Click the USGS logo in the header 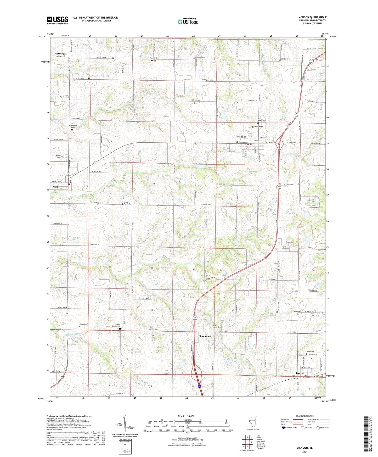pos(58,20)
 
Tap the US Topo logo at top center pos(188,21)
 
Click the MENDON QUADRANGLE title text pos(312,17)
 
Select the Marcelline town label pos(60,54)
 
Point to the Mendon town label pos(241,137)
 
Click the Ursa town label pos(56,187)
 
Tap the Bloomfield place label pos(205,336)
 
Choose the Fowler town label pos(300,373)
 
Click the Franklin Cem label pos(154,58)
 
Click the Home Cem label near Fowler pos(310,352)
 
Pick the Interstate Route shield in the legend pos(284,428)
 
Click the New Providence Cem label pos(73,125)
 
